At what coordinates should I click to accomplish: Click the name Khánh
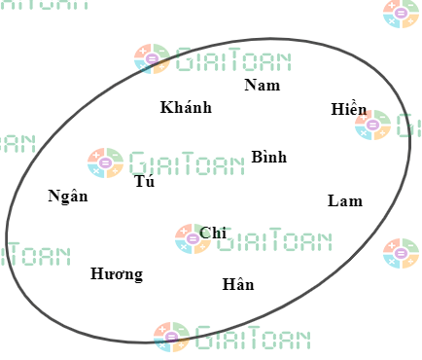(186, 107)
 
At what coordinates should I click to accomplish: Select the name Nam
(262, 86)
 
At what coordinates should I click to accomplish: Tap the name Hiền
(349, 110)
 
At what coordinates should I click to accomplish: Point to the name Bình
(269, 157)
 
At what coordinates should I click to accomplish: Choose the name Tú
(145, 181)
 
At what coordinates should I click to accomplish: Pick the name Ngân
(68, 197)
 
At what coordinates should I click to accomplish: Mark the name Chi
(213, 233)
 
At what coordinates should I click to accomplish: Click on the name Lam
(345, 201)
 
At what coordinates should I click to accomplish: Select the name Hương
(117, 274)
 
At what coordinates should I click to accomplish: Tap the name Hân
(238, 285)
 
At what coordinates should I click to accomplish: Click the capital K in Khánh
(166, 107)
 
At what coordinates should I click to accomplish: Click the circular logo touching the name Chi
(193, 238)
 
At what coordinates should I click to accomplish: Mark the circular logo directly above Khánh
(152, 59)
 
